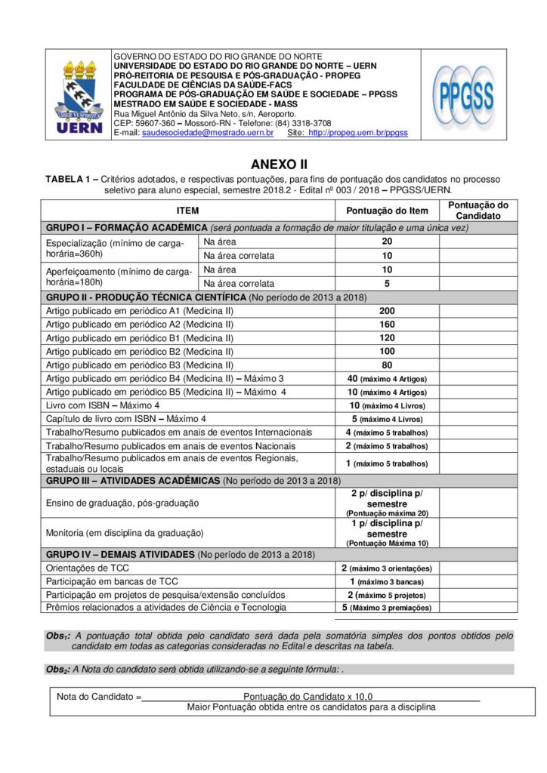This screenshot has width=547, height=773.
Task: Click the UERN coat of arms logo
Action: pos(79,95)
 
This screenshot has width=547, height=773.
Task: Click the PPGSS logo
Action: pos(464,94)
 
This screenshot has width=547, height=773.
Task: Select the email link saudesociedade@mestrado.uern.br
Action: pos(208,132)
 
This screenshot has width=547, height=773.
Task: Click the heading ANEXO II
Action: pos(279,164)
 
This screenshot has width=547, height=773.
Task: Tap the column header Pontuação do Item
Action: pos(387,211)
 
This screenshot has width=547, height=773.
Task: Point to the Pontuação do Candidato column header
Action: pos(478,211)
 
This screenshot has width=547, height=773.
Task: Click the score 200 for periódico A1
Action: pos(387,311)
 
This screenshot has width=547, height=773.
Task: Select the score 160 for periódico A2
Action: pos(387,325)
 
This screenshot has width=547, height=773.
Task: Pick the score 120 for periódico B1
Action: pos(387,337)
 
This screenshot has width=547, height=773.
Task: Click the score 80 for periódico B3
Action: pos(387,365)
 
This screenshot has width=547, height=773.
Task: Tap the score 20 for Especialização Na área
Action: pos(387,242)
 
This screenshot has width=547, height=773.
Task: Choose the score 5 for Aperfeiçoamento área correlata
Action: pos(387,284)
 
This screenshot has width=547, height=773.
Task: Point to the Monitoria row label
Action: pos(125,532)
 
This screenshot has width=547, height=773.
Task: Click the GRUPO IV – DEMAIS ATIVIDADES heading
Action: pos(120,554)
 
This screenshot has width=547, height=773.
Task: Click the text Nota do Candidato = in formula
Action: pos(99,696)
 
